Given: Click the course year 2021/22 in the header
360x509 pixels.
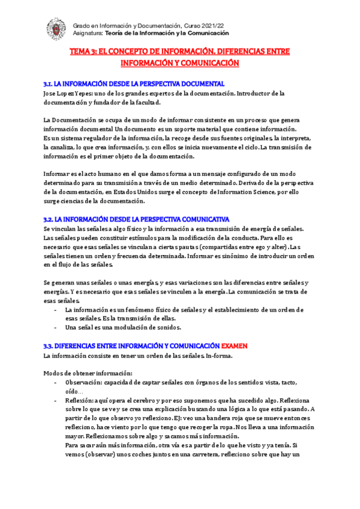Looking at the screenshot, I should pos(215,25).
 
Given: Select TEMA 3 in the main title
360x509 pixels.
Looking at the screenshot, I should pos(83,52).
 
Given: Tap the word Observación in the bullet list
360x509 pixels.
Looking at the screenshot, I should pos(83,382).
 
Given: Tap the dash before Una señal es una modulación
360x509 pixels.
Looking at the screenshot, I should pos(56,328).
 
